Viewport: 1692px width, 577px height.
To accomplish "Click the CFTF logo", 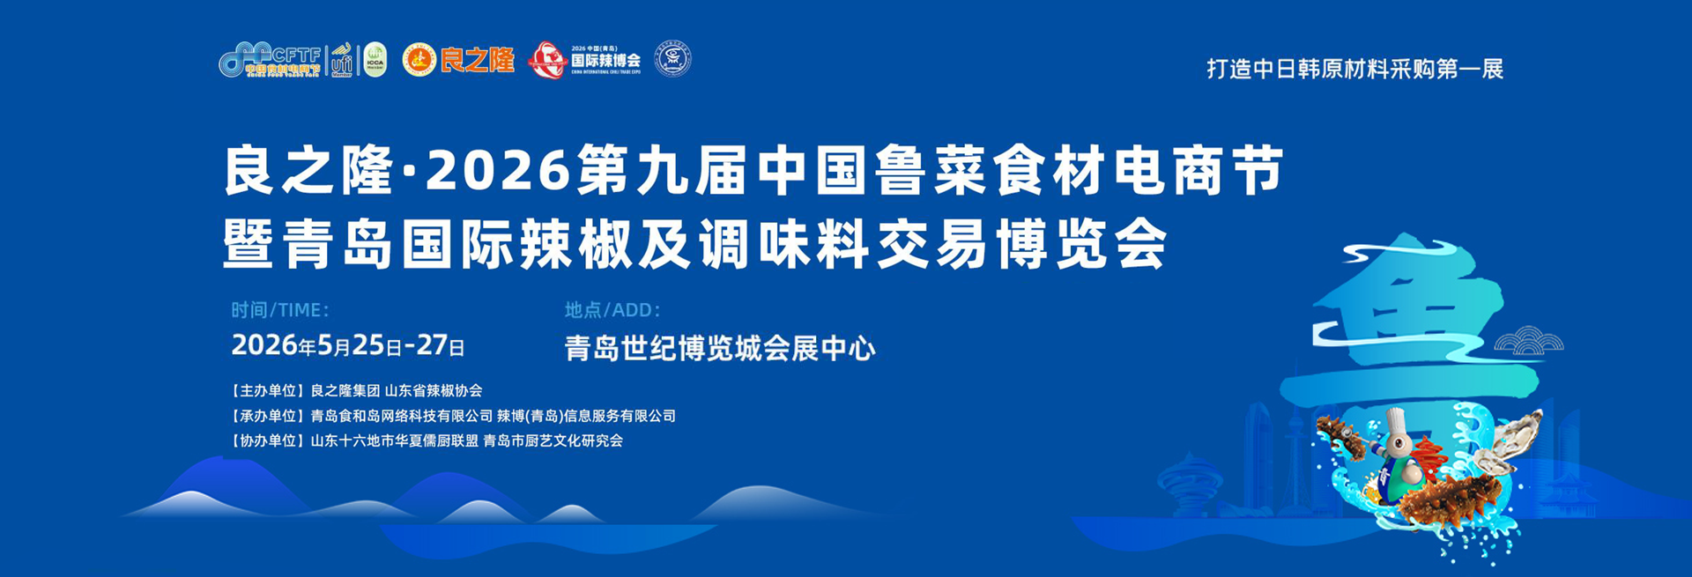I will pos(270,59).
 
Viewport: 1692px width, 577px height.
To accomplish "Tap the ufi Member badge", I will pos(342,60).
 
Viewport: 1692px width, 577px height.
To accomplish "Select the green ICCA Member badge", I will pos(375,60).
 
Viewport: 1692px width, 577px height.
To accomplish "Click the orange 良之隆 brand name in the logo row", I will pos(478,60).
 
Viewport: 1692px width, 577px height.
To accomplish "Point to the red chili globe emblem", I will pos(546,60).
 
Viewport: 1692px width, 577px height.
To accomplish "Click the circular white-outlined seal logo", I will pos(674,59).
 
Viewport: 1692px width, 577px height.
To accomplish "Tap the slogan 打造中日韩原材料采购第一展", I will pos(1354,69).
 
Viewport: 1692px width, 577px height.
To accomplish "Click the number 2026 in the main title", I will pos(498,171).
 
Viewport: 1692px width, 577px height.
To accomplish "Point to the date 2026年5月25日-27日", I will pos(347,345).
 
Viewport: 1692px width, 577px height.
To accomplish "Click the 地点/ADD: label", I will pos(612,310).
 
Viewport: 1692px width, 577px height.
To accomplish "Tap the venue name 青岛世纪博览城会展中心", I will pos(719,349).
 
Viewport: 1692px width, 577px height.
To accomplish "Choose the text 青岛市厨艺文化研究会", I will pos(553,440).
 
